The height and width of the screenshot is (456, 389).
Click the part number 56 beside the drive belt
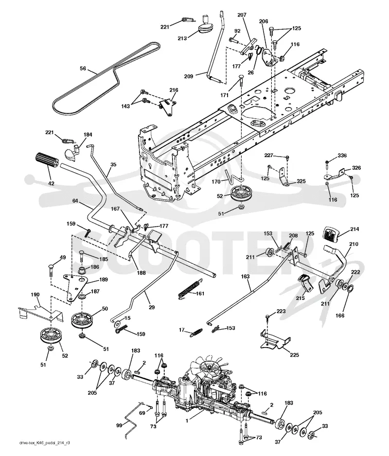83,69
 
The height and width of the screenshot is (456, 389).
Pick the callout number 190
35,295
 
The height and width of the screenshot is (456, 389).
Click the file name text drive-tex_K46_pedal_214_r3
45,443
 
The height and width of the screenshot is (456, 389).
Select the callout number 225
294,355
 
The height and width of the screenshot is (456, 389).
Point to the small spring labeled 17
196,333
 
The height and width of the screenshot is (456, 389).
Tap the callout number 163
245,276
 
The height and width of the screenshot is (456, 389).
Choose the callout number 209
189,76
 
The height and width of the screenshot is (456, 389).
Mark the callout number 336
342,156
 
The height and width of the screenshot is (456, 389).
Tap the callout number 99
119,425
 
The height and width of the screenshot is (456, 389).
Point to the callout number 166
340,315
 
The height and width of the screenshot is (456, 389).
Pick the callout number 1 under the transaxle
187,421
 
